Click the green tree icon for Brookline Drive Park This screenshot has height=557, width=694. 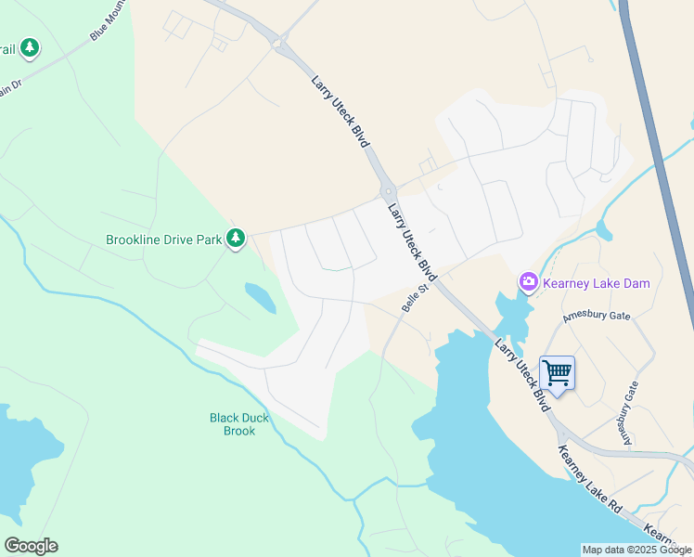point(236,239)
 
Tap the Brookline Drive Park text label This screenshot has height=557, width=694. point(163,240)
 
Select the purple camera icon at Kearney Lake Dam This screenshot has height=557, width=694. point(528,281)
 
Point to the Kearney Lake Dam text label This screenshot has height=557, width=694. point(597,283)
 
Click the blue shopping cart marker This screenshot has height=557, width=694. point(557,374)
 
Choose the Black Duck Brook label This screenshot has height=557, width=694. point(239,424)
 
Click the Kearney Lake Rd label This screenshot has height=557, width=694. point(589,480)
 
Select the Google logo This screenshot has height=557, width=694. point(31,546)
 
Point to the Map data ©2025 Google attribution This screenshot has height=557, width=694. point(636,550)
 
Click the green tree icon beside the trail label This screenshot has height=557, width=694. point(30,46)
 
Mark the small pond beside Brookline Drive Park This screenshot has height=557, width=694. point(260,298)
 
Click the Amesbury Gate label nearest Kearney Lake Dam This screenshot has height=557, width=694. point(597,317)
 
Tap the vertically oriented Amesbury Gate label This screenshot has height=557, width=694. point(631,414)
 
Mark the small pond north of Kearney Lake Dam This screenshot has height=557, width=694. point(605,229)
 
